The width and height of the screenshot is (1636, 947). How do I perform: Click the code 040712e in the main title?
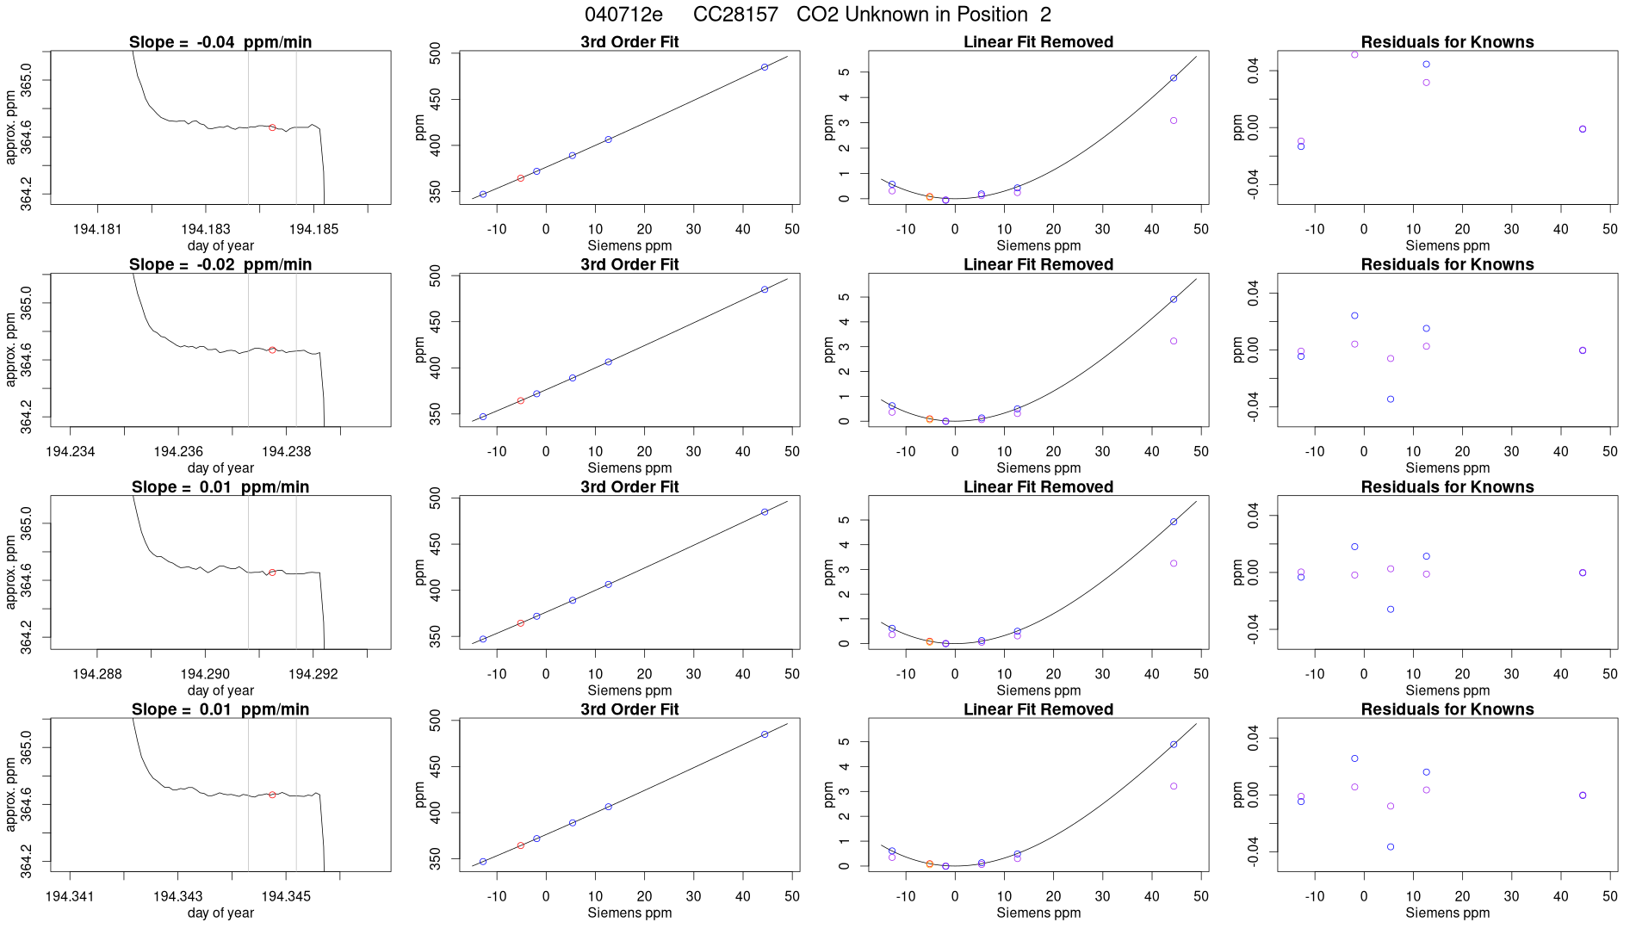click(623, 15)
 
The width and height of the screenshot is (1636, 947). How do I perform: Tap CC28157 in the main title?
click(735, 15)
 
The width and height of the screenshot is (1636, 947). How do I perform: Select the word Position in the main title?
click(988, 15)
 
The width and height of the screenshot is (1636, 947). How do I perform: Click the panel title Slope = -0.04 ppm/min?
click(220, 42)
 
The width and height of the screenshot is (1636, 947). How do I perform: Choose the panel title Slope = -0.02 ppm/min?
click(220, 264)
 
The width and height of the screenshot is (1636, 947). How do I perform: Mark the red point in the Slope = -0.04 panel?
click(272, 127)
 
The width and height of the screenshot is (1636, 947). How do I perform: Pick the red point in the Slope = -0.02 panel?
click(272, 350)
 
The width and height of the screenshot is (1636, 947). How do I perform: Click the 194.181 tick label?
click(97, 229)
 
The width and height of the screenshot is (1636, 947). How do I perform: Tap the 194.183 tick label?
click(206, 229)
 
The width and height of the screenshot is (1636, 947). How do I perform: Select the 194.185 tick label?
click(313, 229)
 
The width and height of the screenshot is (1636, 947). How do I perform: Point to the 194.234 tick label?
click(71, 451)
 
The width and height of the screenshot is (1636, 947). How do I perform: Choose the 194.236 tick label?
click(178, 451)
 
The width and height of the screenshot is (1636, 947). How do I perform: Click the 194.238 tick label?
click(286, 451)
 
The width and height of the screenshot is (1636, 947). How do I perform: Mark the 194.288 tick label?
click(97, 674)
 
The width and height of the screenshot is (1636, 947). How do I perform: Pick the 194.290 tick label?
click(206, 674)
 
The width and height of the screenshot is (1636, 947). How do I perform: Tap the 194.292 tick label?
click(313, 674)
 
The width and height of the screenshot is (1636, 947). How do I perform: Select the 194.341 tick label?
click(70, 896)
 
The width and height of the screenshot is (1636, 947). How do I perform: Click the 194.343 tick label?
click(178, 896)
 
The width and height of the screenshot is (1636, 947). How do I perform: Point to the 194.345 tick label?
click(286, 896)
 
